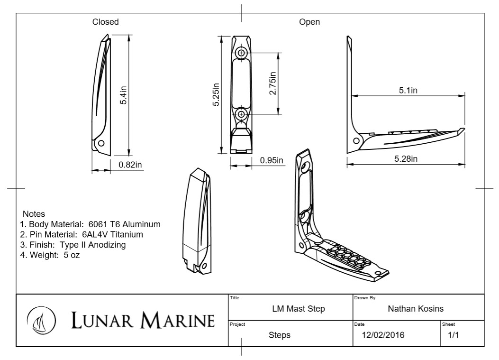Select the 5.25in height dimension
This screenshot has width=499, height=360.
tap(217, 95)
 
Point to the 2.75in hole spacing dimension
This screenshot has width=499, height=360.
tap(272, 83)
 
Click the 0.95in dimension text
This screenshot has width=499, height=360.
tap(272, 160)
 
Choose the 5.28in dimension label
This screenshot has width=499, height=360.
tap(406, 158)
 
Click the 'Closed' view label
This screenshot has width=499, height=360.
tap(105, 22)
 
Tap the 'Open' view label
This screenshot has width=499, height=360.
tap(309, 22)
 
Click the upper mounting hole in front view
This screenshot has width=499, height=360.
tap(242, 53)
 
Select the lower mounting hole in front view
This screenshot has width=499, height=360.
tap(242, 114)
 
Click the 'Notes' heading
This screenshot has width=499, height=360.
tap(34, 214)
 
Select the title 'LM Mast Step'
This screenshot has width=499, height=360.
tap(299, 309)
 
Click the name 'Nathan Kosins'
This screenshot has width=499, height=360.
tap(416, 309)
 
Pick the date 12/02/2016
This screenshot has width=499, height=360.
tap(383, 335)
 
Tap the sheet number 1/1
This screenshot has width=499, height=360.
tap(453, 335)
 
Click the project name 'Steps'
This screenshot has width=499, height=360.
tap(280, 335)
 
